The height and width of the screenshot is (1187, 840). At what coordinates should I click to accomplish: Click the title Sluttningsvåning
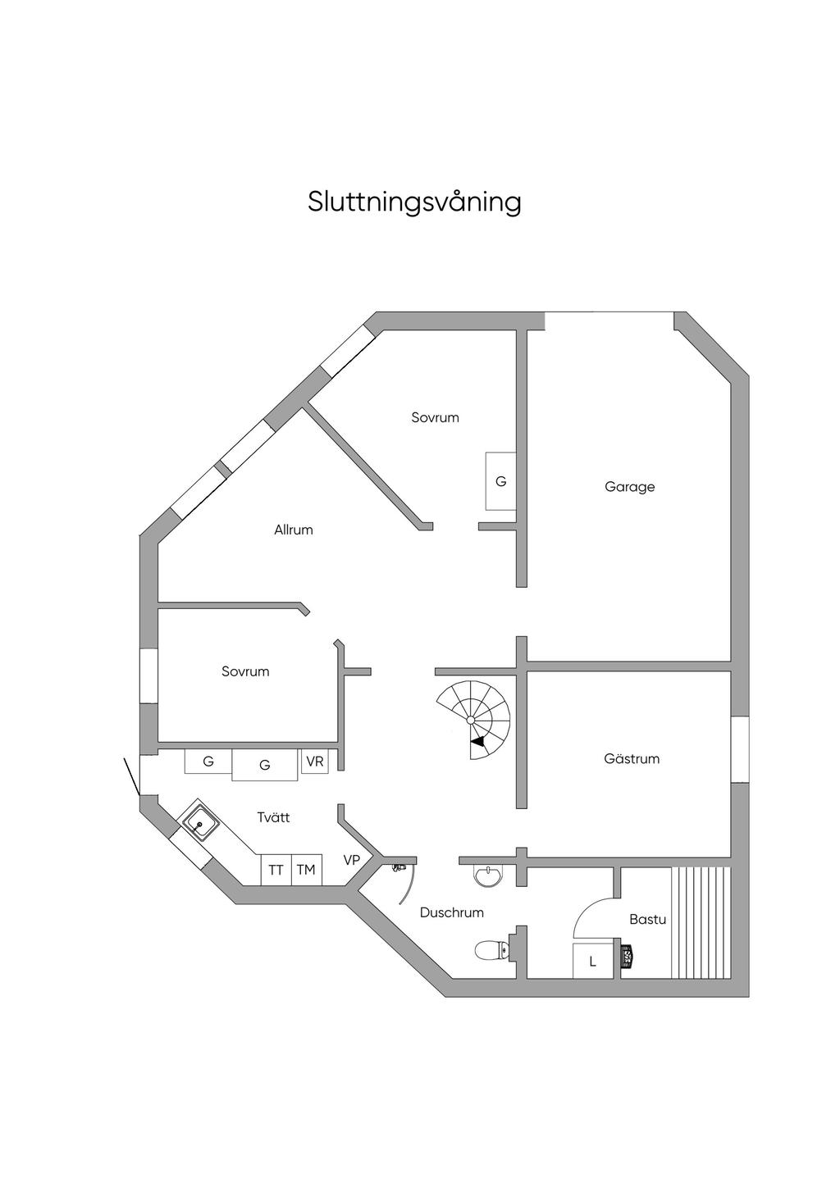click(414, 202)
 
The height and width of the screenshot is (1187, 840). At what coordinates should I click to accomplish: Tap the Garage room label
click(629, 487)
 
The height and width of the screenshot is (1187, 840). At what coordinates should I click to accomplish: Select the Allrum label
click(293, 530)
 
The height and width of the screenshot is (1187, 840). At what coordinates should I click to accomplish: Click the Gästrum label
click(631, 759)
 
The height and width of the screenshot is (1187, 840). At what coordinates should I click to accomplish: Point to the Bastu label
click(647, 920)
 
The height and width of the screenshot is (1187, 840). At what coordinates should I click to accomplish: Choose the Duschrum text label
click(451, 912)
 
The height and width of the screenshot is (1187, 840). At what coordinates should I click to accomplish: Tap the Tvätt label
click(273, 817)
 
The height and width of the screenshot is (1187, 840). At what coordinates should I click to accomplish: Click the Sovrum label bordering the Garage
click(435, 417)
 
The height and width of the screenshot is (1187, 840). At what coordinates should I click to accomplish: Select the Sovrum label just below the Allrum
click(245, 671)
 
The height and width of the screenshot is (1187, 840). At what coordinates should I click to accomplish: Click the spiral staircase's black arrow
click(477, 743)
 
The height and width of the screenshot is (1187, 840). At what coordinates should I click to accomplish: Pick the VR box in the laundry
click(314, 762)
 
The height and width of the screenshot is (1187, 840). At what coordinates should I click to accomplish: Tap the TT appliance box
click(276, 870)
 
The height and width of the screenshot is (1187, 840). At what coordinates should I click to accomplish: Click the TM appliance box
click(306, 870)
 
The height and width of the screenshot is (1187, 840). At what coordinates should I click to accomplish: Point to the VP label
click(352, 860)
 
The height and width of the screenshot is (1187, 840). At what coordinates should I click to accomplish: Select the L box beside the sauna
click(592, 962)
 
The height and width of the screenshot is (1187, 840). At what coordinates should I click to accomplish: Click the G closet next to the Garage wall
click(500, 481)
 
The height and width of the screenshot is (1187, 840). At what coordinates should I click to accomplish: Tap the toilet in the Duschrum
click(492, 951)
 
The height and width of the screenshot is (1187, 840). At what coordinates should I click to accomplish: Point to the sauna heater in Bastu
click(628, 955)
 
